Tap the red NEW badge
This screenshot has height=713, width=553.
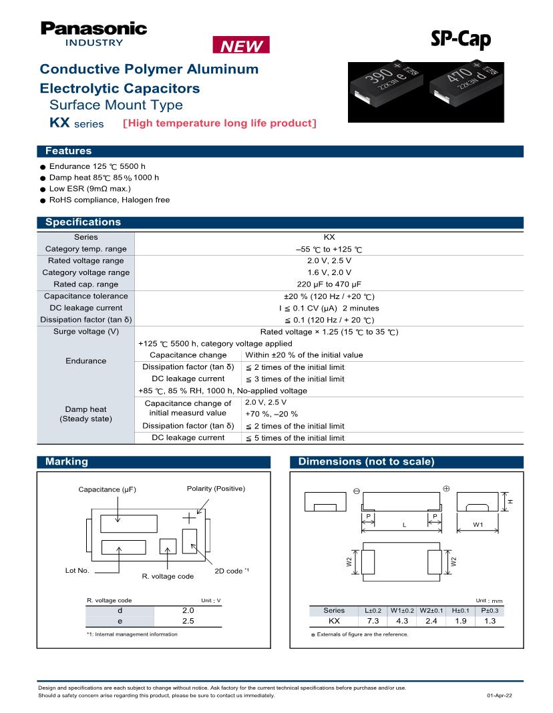pos(241,46)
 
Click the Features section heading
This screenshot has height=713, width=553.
pos(68,152)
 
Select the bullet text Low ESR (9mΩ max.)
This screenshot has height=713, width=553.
pos(89,189)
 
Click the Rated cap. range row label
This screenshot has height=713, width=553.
pos(85,284)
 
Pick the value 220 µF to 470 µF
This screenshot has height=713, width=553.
pos(329,284)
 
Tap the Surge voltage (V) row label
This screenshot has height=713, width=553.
pos(85,332)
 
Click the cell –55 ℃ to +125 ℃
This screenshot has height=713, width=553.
pos(329,249)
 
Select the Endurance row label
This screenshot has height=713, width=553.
pos(85,361)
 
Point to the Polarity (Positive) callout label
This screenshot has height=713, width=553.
pos(216,489)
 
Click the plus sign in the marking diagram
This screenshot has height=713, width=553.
pos(190,517)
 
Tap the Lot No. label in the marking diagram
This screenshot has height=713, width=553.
pos(77,571)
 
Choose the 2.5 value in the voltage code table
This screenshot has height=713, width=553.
pos(188,621)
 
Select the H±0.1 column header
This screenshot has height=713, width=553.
pos(460,610)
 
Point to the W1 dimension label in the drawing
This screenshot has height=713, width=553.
pos(478,525)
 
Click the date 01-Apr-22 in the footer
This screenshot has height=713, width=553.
pos(500,696)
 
